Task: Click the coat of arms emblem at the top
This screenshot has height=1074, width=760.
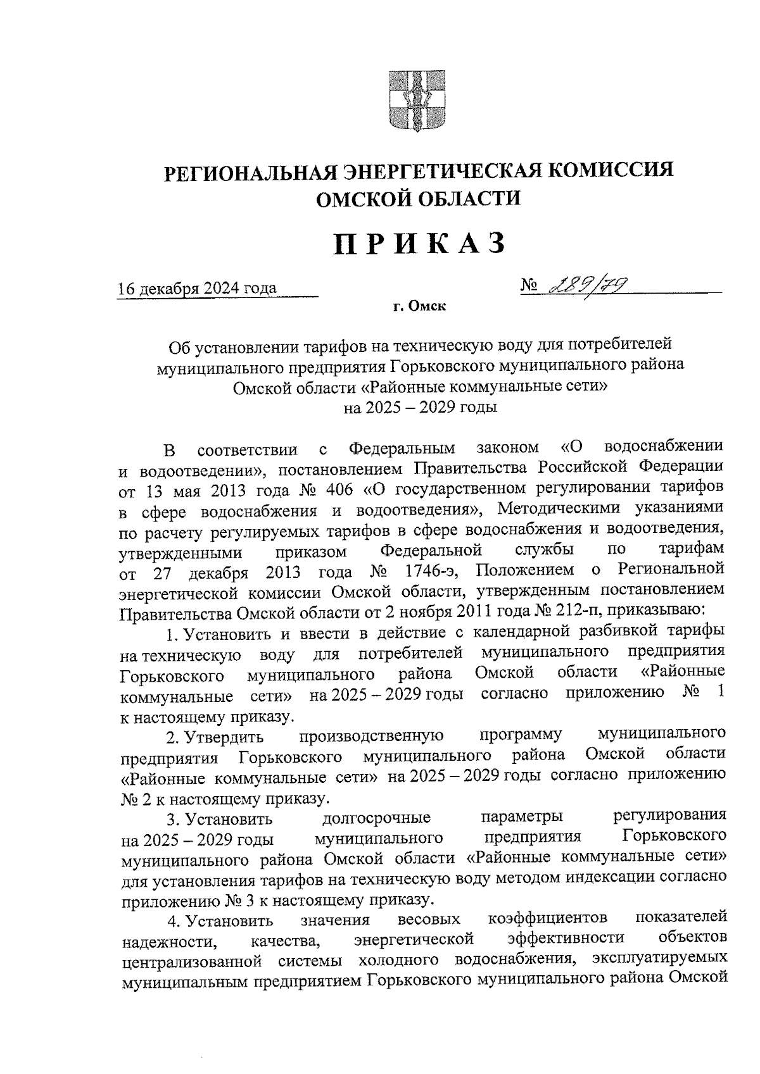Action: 415,101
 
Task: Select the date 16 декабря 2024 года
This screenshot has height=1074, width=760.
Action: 198,289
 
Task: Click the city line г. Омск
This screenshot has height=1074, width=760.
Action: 419,308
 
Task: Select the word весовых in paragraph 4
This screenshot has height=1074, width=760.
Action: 429,918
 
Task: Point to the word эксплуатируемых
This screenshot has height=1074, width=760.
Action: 658,959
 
